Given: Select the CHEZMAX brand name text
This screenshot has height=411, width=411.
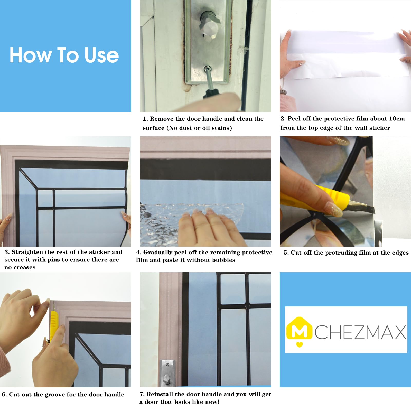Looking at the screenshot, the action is [x=360, y=332].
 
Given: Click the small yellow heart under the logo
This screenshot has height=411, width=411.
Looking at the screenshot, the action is [x=300, y=344].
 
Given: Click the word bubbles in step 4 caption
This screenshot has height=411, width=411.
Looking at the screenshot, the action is [x=223, y=260].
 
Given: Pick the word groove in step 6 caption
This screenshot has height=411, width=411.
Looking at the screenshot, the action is [x=55, y=395].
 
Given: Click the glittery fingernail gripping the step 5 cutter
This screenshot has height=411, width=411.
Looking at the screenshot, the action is [x=334, y=209].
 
